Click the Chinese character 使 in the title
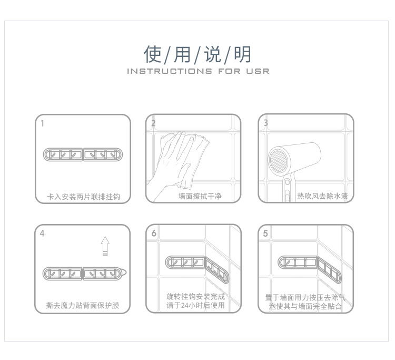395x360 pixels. pyautogui.click(x=153, y=54)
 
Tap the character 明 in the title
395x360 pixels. pyautogui.click(x=243, y=54)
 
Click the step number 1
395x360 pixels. pyautogui.click(x=42, y=124)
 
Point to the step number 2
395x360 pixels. pyautogui.click(x=153, y=124)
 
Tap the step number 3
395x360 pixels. pyautogui.click(x=266, y=123)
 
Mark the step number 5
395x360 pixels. pyautogui.click(x=265, y=233)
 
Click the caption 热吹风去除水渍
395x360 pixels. pyautogui.click(x=322, y=197)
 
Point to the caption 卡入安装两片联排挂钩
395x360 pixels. pyautogui.click(x=84, y=197)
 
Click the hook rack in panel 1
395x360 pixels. pyautogui.click(x=84, y=155)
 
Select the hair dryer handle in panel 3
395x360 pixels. pyautogui.click(x=287, y=190)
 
